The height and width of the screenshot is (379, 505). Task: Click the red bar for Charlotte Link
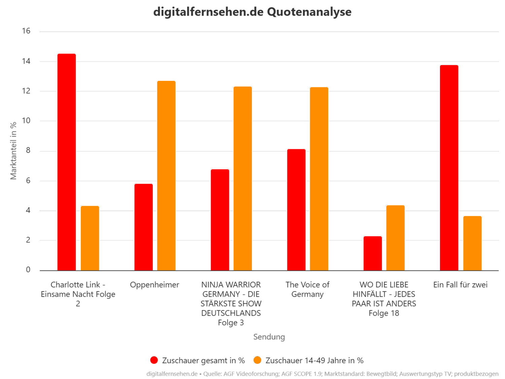click(x=67, y=162)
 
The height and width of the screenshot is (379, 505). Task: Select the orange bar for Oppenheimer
click(x=166, y=176)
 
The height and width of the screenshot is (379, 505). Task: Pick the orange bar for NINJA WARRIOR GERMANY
click(x=243, y=178)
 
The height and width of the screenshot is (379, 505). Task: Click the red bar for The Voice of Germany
click(x=296, y=210)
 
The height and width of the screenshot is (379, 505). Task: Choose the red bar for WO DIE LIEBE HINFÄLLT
click(x=373, y=253)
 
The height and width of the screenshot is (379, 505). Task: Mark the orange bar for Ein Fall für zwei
click(x=472, y=243)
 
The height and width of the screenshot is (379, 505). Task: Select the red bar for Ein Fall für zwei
click(x=449, y=167)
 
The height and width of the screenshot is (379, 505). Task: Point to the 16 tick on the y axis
click(x=26, y=31)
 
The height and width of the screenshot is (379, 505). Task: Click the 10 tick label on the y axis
click(x=26, y=121)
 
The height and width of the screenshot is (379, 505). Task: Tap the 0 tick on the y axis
click(x=28, y=270)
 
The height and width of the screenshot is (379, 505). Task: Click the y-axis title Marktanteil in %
click(x=13, y=151)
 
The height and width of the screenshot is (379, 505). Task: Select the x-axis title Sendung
click(x=269, y=337)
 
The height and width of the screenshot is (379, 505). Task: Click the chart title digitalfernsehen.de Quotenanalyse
click(x=252, y=12)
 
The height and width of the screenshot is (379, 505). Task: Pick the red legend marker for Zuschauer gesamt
click(x=154, y=360)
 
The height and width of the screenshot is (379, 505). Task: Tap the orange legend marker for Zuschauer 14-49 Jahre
click(x=258, y=360)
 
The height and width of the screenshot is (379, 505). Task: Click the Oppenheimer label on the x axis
click(x=155, y=285)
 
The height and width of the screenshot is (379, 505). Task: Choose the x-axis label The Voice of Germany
click(x=307, y=289)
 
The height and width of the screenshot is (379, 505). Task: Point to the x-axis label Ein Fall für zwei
click(x=460, y=285)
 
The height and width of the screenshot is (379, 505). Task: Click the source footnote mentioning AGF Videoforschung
click(x=322, y=374)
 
